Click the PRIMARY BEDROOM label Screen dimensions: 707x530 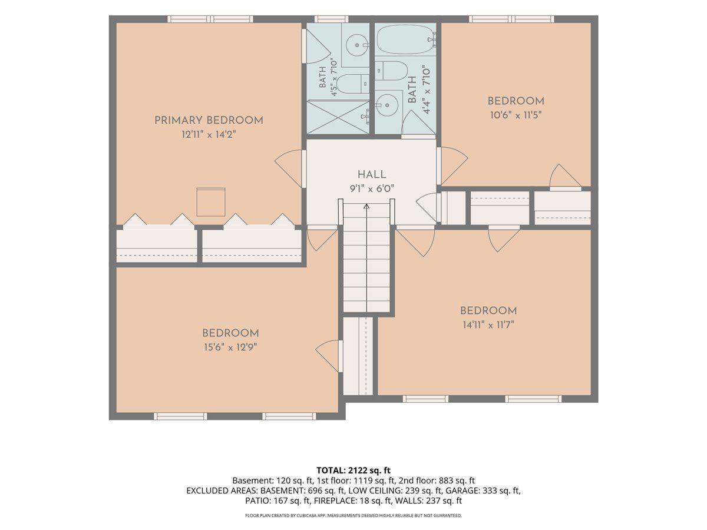point(209,120)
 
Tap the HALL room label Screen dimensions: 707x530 point(372,175)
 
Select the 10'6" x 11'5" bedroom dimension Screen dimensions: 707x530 point(516,115)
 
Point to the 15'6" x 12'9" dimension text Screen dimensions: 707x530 point(230,347)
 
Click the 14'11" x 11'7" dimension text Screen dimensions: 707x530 point(488,325)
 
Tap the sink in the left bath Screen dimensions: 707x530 point(357,45)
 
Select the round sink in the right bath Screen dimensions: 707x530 point(387,105)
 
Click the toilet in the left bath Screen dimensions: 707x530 point(353,84)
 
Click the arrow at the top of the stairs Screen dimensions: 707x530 point(366,207)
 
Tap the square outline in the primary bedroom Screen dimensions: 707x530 point(211,202)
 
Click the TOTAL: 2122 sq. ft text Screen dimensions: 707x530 point(353,471)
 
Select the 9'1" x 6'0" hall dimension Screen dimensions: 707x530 point(372,188)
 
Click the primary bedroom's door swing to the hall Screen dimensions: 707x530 point(290,168)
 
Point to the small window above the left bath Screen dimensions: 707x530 point(331,19)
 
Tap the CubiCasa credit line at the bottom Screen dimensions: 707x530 point(353,515)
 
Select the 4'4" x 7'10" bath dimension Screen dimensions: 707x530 point(427,90)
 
